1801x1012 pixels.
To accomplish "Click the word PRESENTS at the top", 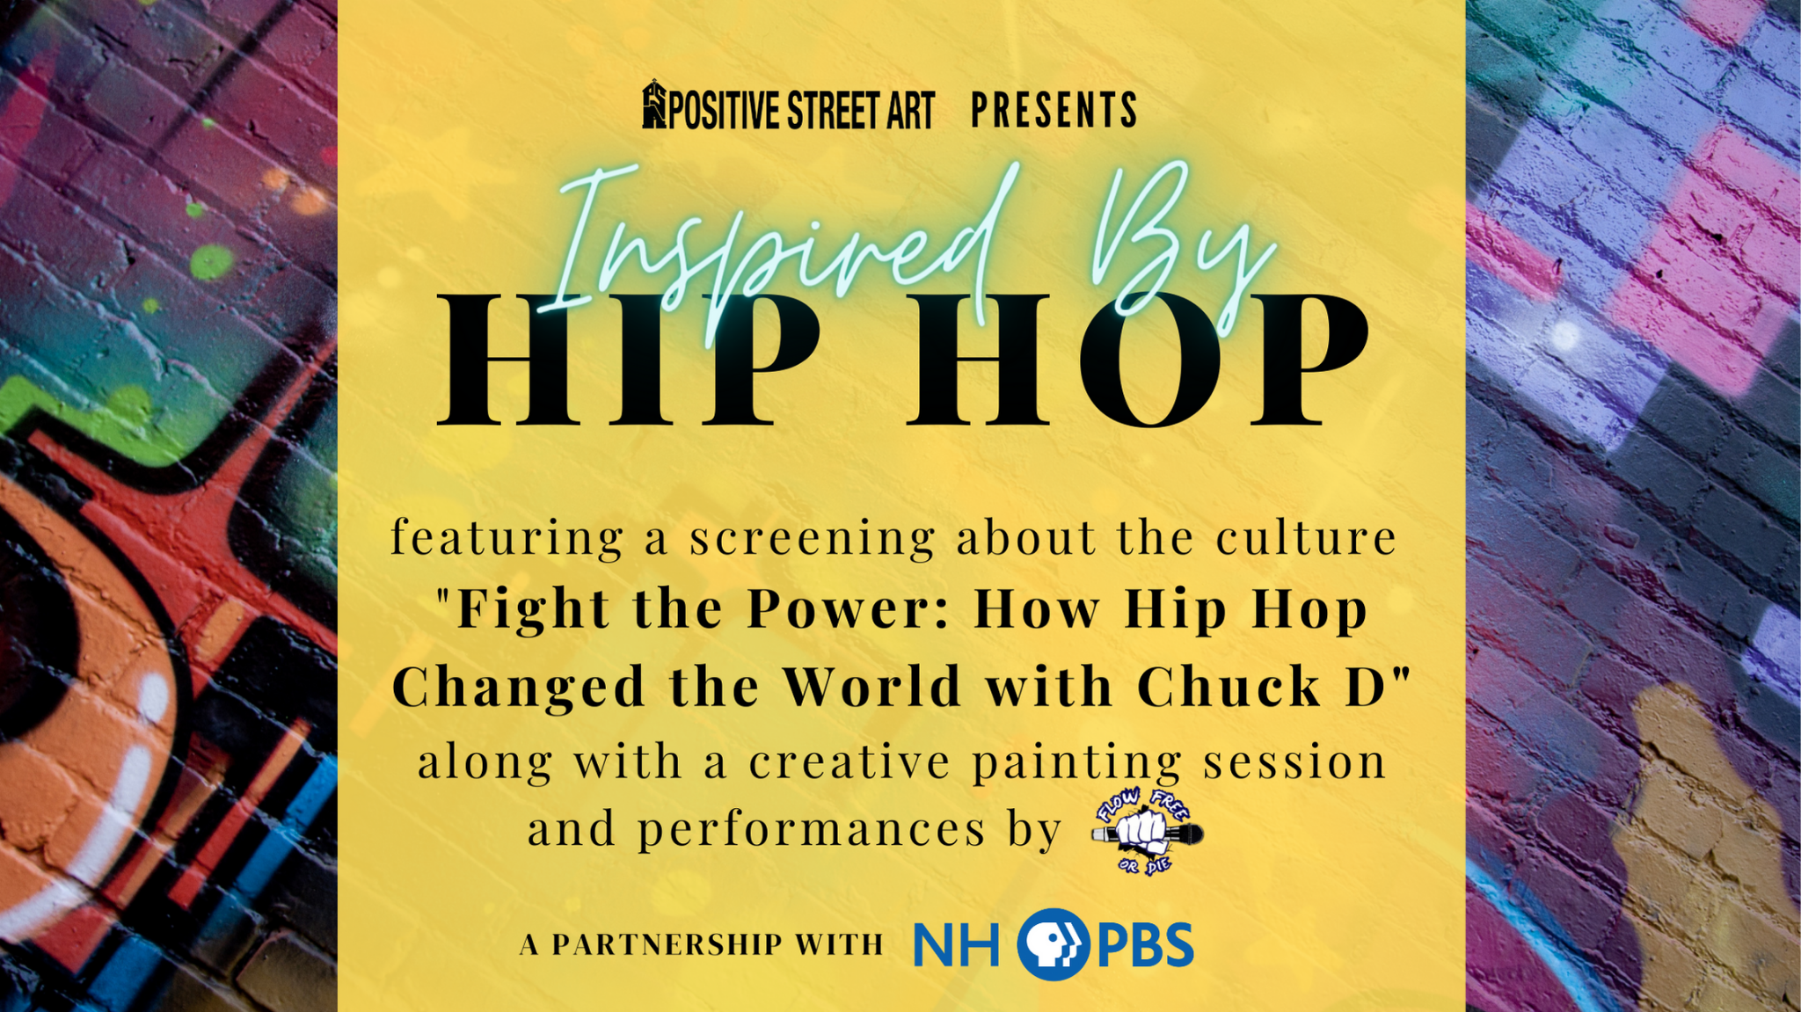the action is point(1054,111).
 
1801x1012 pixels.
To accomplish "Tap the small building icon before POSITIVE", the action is point(654,105).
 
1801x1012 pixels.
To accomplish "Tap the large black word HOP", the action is point(1137,360).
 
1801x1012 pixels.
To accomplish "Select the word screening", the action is point(812,539).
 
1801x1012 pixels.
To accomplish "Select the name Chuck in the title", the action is point(1229,687).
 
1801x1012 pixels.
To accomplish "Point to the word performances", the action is point(812,830).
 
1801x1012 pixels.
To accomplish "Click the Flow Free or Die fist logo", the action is point(1147,831).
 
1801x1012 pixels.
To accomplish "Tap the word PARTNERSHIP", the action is point(667,944).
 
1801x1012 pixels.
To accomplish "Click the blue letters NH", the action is point(957,945).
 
